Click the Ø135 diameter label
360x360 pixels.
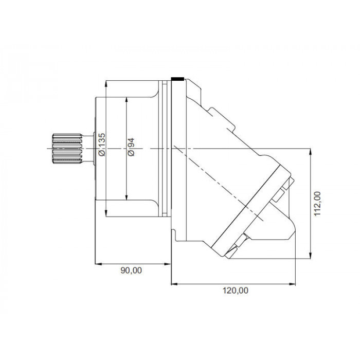(x=102, y=145)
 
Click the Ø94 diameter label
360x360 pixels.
(x=131, y=147)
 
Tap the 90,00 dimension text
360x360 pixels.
(x=131, y=271)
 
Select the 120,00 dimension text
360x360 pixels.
(x=236, y=291)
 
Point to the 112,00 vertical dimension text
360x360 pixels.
(x=317, y=204)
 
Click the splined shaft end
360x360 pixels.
(x=67, y=149)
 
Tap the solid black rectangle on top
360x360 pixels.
(x=177, y=79)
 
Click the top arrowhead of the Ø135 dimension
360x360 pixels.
(x=106, y=83)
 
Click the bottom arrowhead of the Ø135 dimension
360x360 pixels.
(x=106, y=213)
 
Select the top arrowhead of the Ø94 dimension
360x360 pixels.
(x=127, y=100)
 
